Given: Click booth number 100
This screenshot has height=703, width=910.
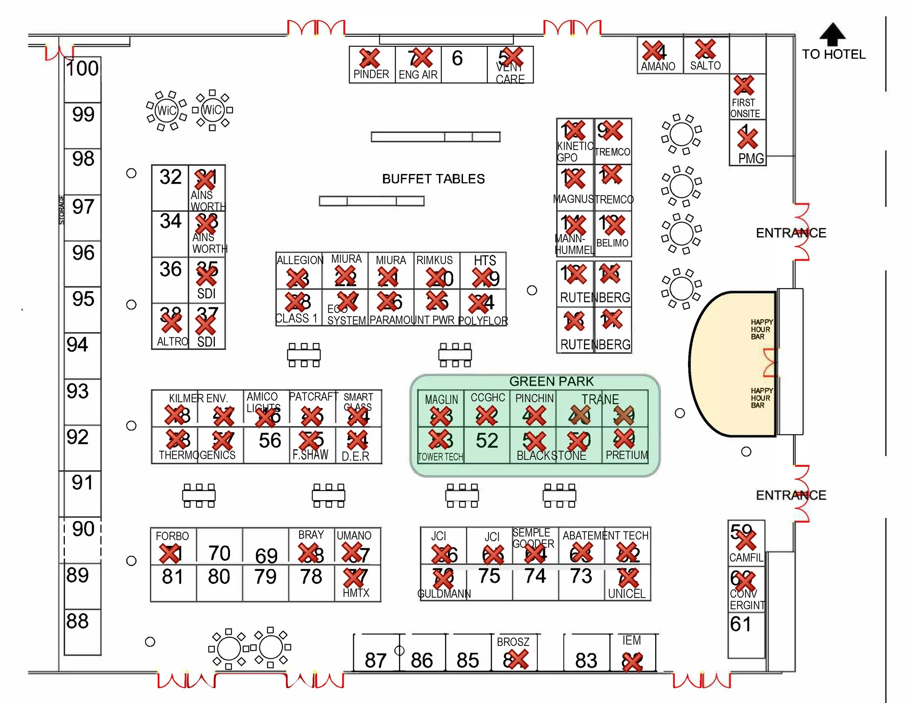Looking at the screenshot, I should [x=83, y=68].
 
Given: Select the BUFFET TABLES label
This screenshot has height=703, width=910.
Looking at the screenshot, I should [x=433, y=179].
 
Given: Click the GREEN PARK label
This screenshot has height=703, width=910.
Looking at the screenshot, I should [x=551, y=381].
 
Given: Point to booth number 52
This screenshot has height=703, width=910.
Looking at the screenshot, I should [x=487, y=441].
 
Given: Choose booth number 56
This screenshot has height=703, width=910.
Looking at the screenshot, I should [x=270, y=441].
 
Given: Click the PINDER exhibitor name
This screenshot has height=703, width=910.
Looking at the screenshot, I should [x=371, y=74].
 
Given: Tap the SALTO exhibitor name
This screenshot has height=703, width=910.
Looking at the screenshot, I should [x=705, y=65].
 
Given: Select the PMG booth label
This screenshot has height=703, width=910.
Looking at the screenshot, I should [x=751, y=158].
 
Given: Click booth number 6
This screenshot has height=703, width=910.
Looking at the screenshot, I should [x=457, y=58].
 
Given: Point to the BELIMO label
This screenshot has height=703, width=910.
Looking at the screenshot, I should [x=612, y=243].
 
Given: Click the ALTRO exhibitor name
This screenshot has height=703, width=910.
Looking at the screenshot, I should [x=173, y=342].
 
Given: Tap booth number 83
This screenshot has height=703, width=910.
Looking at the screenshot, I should [x=586, y=660].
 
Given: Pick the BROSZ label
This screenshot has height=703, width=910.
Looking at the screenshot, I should [x=513, y=642].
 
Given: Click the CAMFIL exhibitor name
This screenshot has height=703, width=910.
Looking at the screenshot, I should [x=746, y=557].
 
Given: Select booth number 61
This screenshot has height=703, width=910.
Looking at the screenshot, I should [x=740, y=624].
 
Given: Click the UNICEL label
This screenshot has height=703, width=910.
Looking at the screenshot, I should [x=627, y=593].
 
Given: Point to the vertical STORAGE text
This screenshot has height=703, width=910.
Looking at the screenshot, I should [x=62, y=210].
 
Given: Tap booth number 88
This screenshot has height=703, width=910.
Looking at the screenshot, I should [x=78, y=621].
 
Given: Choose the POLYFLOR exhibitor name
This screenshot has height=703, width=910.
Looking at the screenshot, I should [x=483, y=321].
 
